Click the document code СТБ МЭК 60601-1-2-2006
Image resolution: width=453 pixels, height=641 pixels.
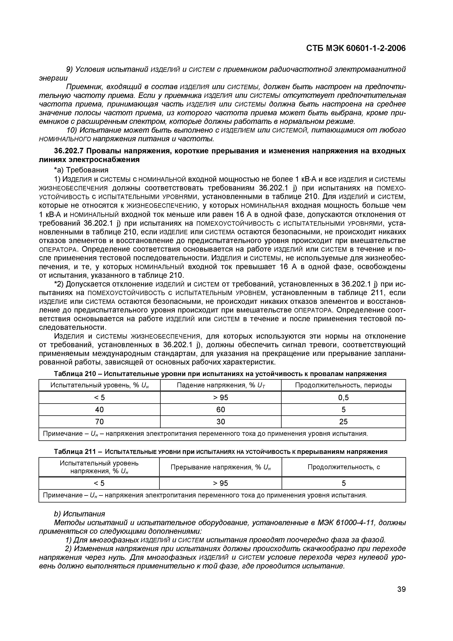[x=356, y=49]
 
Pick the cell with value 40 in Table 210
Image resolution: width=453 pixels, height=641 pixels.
[x=99, y=409]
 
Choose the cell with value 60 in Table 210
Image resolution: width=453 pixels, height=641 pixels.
[x=221, y=409]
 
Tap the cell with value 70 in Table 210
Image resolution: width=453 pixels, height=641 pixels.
[x=99, y=422]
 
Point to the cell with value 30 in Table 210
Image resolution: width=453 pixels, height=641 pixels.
[x=221, y=422]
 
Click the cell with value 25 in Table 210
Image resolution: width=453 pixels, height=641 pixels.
[x=343, y=422]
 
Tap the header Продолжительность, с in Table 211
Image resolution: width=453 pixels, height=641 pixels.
[x=344, y=467]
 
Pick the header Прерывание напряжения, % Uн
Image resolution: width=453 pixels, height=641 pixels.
[x=221, y=467]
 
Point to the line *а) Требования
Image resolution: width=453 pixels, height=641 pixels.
[x=81, y=170]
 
